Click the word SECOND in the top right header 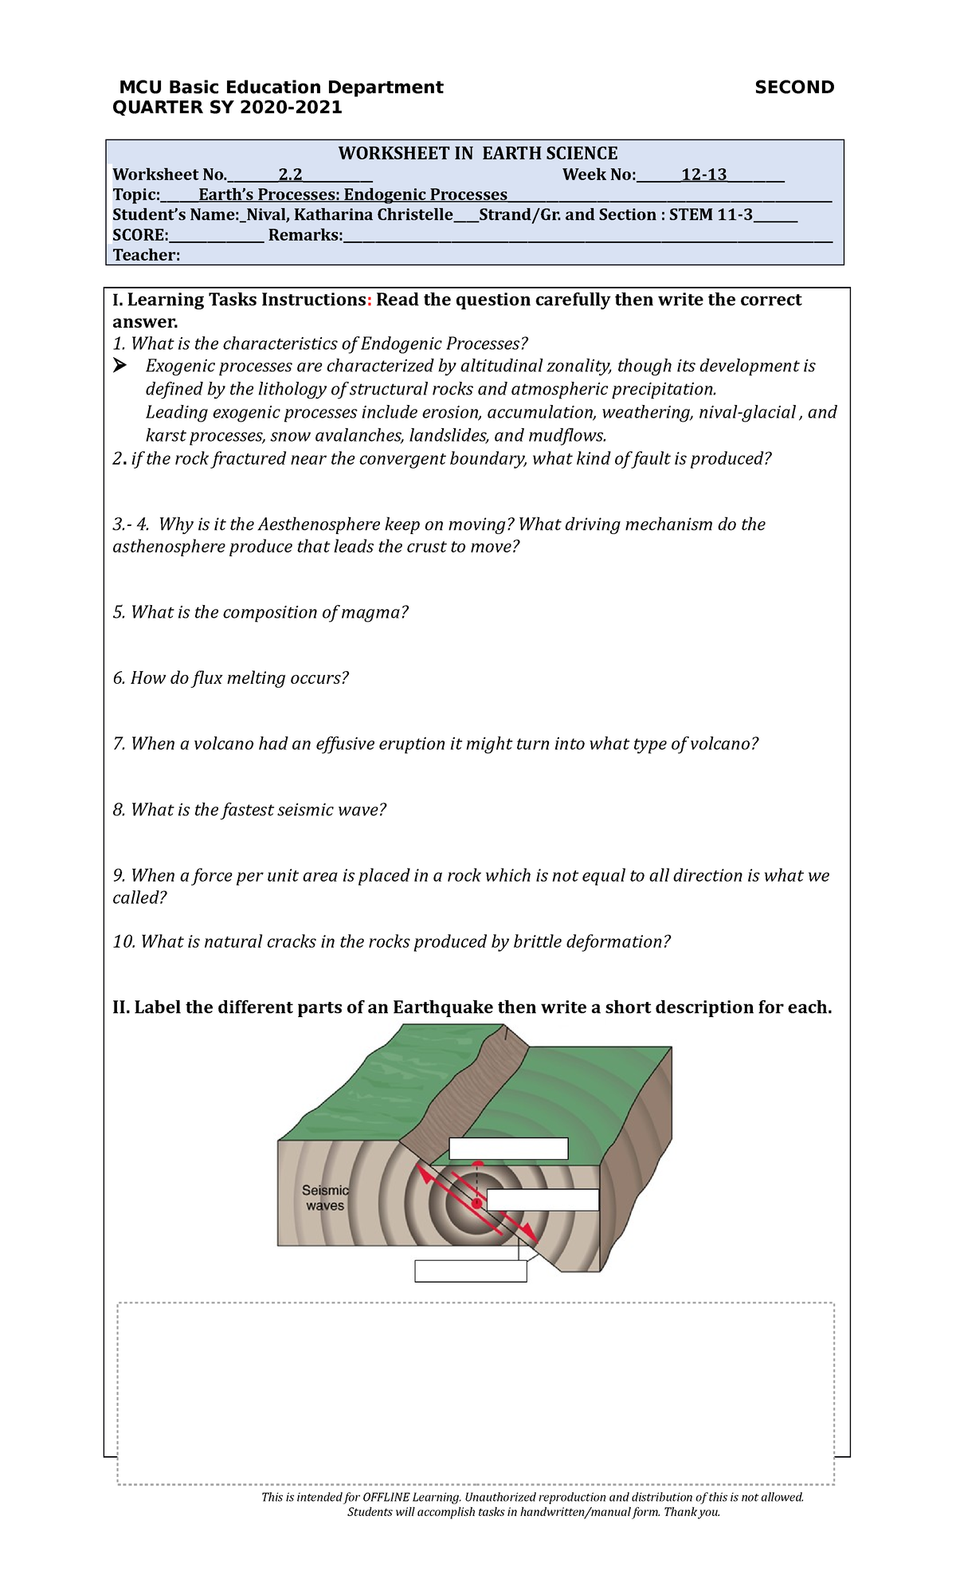pyautogui.click(x=793, y=88)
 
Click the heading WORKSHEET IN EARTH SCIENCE pyautogui.click(x=477, y=154)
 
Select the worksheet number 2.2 pyautogui.click(x=290, y=175)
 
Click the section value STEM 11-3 pyautogui.click(x=710, y=215)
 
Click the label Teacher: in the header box pyautogui.click(x=146, y=256)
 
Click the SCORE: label pyautogui.click(x=140, y=235)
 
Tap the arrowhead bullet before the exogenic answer pyautogui.click(x=120, y=366)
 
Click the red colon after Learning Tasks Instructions pyautogui.click(x=370, y=300)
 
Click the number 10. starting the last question pyautogui.click(x=123, y=942)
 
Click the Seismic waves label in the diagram pyautogui.click(x=325, y=1198)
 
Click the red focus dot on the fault pyautogui.click(x=476, y=1203)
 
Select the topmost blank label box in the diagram pyautogui.click(x=508, y=1149)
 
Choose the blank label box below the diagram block pyautogui.click(x=470, y=1271)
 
